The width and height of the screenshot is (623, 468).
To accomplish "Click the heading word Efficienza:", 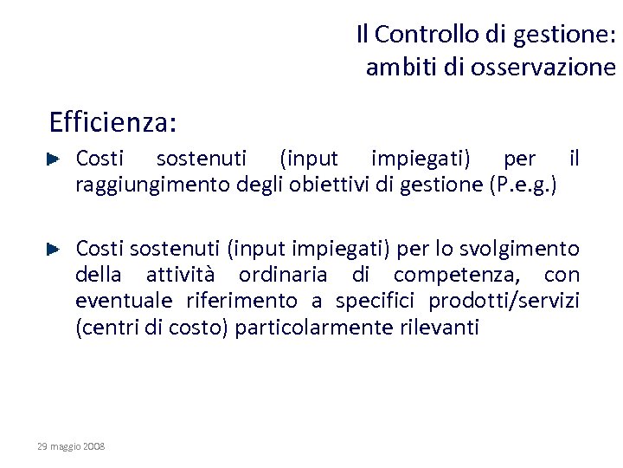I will point(113,122).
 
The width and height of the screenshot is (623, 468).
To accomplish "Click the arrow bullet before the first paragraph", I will point(52,159).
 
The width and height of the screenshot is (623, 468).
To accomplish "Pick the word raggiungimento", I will point(147,184).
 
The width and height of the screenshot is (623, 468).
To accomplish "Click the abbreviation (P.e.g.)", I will point(523,184).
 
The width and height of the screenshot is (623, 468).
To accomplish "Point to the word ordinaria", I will point(283,276).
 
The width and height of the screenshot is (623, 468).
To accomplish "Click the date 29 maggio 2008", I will point(71,445).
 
